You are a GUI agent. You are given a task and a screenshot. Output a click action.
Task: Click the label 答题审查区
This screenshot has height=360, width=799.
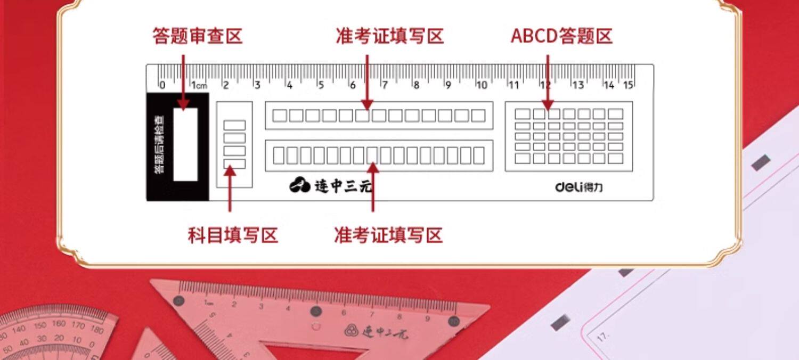coord(197,36)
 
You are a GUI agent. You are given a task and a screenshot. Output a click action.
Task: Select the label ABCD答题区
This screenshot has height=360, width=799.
coord(561,36)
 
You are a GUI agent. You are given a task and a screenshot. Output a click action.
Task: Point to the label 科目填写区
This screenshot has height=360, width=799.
coord(233,235)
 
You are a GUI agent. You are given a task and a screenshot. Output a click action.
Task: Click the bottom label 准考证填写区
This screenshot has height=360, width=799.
coord(388,235)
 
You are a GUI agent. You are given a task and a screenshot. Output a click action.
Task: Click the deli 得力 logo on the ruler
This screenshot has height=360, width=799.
coord(579,187)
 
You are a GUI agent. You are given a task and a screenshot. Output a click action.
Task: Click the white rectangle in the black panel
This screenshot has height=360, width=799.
coord(185,144)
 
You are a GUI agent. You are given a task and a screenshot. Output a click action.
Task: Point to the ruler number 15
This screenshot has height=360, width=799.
coord(629,85)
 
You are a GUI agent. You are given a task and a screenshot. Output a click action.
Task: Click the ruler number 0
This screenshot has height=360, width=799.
coord(162,85)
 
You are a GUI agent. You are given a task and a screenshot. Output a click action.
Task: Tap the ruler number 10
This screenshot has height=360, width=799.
coord(482,85)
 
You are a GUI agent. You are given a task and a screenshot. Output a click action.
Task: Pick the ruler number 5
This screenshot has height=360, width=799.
coord(321,85)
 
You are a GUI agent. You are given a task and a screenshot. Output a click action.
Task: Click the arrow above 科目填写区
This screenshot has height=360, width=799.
coord(230,189)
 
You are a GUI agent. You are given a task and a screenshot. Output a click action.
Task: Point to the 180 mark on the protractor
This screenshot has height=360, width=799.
coord(97,330)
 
